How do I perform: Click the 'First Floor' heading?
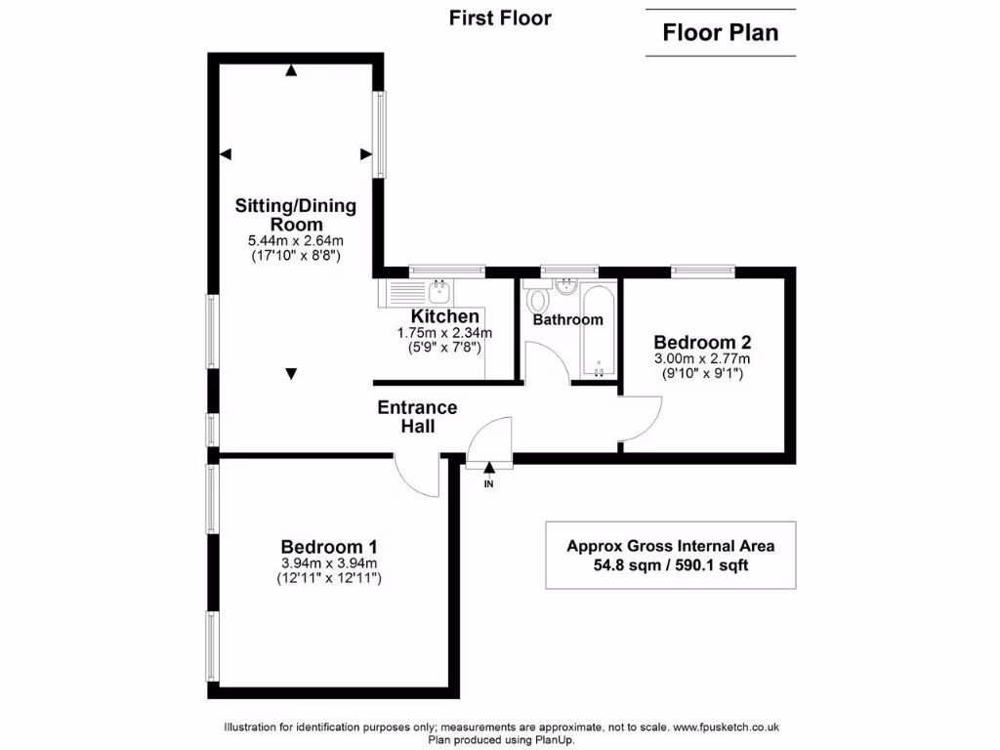tap(500, 18)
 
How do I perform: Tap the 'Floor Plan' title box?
tap(721, 32)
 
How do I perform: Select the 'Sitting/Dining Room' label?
tap(296, 215)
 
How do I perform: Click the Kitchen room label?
tap(444, 316)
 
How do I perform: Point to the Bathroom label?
tap(567, 319)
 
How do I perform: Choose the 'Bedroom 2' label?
tap(701, 342)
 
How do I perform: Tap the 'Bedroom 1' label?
tap(329, 547)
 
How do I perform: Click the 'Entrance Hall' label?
tap(417, 417)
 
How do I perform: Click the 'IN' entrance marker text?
tap(488, 483)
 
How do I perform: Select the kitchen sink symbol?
tap(439, 288)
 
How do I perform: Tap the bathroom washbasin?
tap(564, 286)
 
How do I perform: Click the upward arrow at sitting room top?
tap(291, 69)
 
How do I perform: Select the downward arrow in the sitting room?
tap(291, 373)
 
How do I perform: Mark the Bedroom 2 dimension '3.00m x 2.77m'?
tap(701, 358)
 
